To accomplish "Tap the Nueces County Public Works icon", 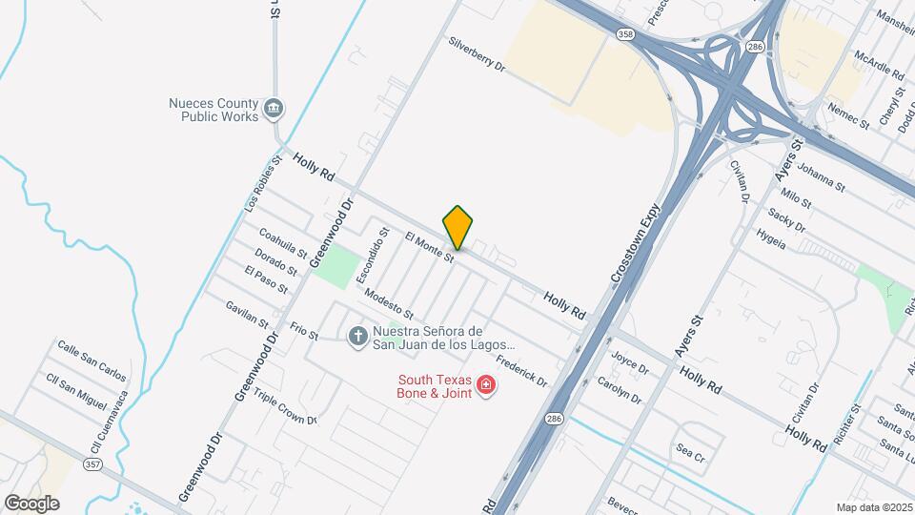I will pos(274,108).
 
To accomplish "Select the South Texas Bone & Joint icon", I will pos(486,384).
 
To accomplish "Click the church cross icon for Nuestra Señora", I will pos(357,336).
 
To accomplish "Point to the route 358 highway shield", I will pos(625,34).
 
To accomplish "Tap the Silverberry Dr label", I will pos(477,54).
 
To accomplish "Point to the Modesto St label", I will pos(389,306).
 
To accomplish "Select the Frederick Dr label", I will pos(521,371).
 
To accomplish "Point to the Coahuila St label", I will pos(282,243).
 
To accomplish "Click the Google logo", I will pos(31,504).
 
